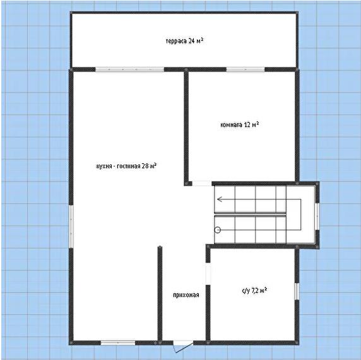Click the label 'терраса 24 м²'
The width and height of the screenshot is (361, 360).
coord(184,41)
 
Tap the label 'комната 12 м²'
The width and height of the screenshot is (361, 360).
coord(239,125)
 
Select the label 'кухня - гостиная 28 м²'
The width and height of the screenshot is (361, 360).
coord(126,166)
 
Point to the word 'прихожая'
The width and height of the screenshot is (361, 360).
coord(186,295)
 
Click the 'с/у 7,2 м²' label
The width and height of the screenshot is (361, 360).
coord(254,291)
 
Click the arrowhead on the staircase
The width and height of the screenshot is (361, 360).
coord(220,199)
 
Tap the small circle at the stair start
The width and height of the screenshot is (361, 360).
coord(218,229)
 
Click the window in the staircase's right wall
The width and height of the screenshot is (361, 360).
coord(317,216)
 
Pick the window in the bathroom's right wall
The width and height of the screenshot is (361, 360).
coord(297,291)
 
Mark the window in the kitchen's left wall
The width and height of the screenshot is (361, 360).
coord(71,226)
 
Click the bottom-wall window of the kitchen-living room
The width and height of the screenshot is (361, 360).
coord(118,343)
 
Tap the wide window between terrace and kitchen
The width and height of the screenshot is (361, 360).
coord(130,69)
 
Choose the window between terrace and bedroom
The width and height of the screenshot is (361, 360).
coord(246,69)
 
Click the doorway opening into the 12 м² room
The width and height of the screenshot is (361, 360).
coord(202,183)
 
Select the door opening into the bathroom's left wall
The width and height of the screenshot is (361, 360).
coord(208,274)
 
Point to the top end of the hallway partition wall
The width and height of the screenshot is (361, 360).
coord(160,247)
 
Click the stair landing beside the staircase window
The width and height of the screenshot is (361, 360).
coord(300,214)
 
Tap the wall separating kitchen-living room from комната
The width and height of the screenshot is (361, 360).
coord(186,127)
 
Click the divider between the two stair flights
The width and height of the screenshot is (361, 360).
coord(251,214)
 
